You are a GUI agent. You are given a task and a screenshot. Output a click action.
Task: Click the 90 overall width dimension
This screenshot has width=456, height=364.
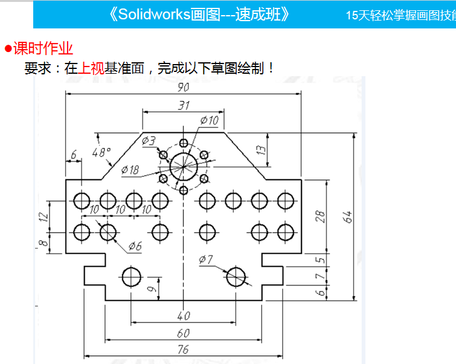click(x=183, y=87)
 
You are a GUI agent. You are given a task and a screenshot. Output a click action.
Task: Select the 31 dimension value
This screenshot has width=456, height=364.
click(x=184, y=105)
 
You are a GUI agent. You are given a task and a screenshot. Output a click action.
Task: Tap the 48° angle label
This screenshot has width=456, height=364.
click(x=101, y=152)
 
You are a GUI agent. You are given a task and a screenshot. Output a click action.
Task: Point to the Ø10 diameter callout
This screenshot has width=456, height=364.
click(x=209, y=120)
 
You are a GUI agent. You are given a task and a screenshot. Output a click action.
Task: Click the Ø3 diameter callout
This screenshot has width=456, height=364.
click(x=149, y=141)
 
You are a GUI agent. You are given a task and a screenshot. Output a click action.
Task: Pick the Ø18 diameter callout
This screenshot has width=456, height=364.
click(x=130, y=170)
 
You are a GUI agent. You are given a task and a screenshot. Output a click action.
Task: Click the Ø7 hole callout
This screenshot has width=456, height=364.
click(x=206, y=260)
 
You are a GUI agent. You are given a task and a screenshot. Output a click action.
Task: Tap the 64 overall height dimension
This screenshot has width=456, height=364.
click(x=347, y=216)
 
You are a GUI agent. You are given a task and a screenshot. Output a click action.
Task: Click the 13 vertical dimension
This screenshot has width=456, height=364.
click(x=261, y=149)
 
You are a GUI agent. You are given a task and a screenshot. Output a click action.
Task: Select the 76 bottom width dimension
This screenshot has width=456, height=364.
click(x=183, y=349)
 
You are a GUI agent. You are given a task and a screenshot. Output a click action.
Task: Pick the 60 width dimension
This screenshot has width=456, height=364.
click(x=183, y=333)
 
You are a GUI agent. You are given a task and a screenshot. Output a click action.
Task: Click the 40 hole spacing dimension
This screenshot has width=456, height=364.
click(x=183, y=316)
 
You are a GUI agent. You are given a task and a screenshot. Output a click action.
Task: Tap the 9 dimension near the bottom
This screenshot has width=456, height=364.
click(x=151, y=289)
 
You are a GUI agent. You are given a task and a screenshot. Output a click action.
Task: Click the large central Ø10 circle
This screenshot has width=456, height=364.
click(x=184, y=164)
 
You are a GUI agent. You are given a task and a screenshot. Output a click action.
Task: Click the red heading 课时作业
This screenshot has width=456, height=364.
click(x=43, y=48)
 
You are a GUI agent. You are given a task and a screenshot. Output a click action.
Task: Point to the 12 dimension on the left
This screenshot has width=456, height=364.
click(x=42, y=216)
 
